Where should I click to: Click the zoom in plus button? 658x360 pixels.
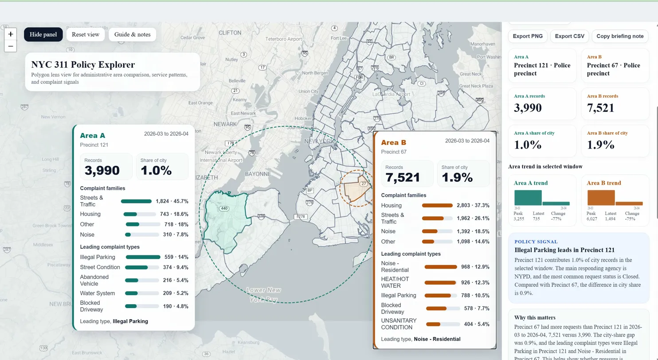(11, 34)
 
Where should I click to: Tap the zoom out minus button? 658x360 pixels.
(11, 46)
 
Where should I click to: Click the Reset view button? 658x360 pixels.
(86, 35)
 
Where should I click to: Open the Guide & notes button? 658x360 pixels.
(132, 35)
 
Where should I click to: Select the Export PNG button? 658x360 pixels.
(528, 36)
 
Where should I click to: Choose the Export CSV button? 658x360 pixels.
(570, 36)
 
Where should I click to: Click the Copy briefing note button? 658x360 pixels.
(620, 36)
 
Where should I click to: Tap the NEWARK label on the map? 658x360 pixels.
(225, 124)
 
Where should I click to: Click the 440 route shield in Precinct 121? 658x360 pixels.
(223, 208)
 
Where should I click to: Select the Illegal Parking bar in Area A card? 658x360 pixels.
(143, 257)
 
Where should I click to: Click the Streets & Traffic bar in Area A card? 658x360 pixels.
(136, 201)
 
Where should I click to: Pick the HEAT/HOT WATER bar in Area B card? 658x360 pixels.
(440, 282)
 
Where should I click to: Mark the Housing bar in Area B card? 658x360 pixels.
(437, 205)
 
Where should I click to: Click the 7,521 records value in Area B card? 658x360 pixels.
(402, 177)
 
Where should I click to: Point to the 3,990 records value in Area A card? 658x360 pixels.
(102, 170)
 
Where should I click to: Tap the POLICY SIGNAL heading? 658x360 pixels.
(536, 242)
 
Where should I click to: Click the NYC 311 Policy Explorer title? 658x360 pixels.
(83, 65)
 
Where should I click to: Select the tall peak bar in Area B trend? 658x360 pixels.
(601, 197)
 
